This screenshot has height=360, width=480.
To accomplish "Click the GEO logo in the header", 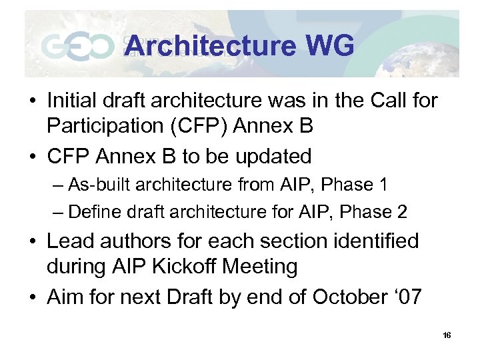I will click(77, 47).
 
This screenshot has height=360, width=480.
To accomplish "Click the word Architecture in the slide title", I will click(210, 46).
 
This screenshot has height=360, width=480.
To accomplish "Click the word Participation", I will click(108, 125).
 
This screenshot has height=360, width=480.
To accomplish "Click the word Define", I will click(92, 212).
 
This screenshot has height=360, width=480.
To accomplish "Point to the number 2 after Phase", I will click(401, 212).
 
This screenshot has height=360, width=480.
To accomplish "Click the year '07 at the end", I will click(406, 297).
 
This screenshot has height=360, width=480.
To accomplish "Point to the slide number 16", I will click(446, 335).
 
